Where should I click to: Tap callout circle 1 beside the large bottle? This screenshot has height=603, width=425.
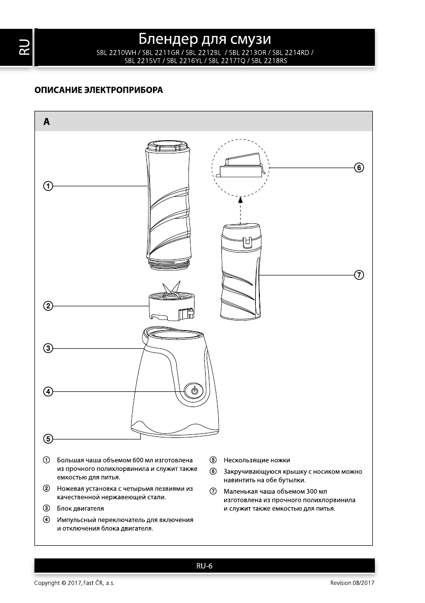pyautogui.click(x=47, y=186)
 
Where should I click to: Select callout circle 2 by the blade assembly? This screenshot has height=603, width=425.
pyautogui.click(x=47, y=305)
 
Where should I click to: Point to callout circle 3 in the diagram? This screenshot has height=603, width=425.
pyautogui.click(x=47, y=348)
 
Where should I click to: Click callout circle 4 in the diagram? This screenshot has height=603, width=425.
pyautogui.click(x=47, y=391)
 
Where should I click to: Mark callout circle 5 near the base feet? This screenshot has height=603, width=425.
pyautogui.click(x=47, y=438)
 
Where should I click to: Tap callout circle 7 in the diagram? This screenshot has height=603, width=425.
pyautogui.click(x=359, y=275)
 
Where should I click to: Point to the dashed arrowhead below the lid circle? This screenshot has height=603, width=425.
pyautogui.click(x=241, y=200)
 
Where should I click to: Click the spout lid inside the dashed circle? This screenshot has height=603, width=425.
pyautogui.click(x=241, y=167)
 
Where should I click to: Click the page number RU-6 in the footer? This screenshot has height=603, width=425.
pyautogui.click(x=204, y=566)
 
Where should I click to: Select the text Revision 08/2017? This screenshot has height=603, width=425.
pyautogui.click(x=352, y=583)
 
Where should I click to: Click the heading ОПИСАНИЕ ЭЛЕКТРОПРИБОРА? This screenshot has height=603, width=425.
pyautogui.click(x=99, y=91)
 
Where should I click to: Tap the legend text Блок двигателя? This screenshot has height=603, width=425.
pyautogui.click(x=81, y=508)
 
